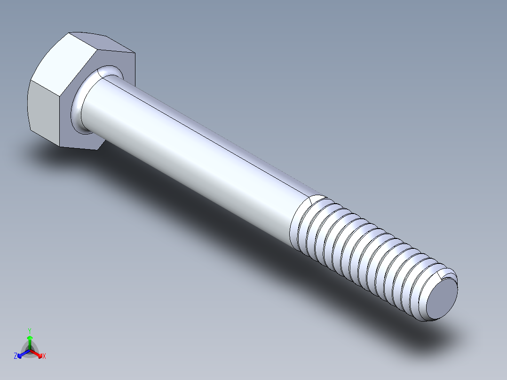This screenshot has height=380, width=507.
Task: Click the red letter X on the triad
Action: pos(44,356)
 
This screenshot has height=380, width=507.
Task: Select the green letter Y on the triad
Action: pos(29,331)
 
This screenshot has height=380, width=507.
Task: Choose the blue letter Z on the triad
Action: pos(16,356)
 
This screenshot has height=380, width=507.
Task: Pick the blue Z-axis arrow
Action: pos(22,354)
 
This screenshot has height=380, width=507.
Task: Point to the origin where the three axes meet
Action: pos(30,350)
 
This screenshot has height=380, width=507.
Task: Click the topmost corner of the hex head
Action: pos(69,32)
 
